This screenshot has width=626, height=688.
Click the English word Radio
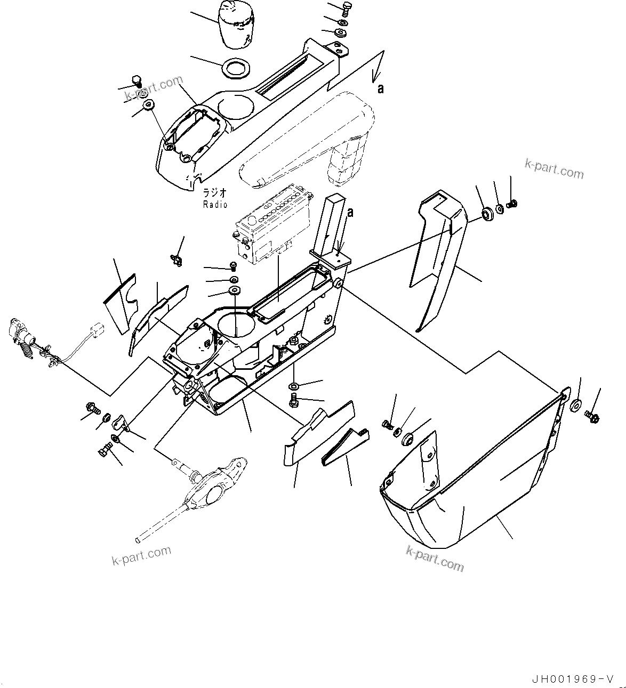click(215, 205)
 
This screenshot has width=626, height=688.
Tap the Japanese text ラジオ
click(215, 193)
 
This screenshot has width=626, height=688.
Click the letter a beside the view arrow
click(380, 89)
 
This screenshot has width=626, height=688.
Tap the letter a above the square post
click(350, 213)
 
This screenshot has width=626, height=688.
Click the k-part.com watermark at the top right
click(554, 169)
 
